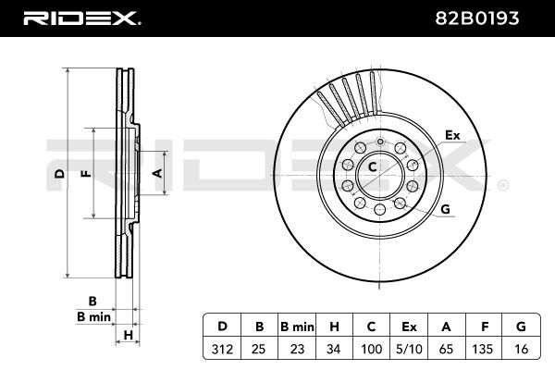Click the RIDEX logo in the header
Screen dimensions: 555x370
(81, 18)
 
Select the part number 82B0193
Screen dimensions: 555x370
(476, 18)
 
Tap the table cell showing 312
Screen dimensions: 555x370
(222, 349)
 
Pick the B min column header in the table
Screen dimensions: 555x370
(297, 327)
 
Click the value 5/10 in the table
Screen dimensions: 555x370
(409, 349)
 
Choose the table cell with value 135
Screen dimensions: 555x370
(483, 349)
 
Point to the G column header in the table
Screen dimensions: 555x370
(521, 327)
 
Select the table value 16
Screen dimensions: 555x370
(521, 349)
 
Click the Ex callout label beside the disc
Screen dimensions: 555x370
(452, 135)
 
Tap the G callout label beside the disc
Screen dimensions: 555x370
(445, 209)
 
